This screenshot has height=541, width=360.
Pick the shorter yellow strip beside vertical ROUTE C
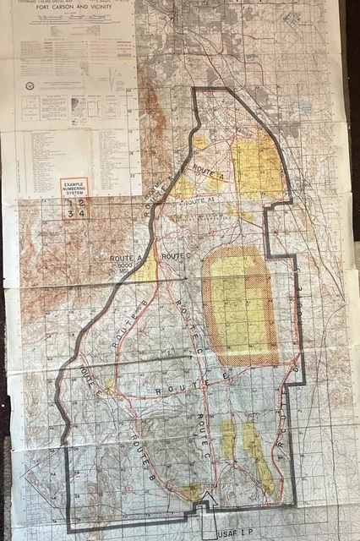(x=227, y=439)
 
